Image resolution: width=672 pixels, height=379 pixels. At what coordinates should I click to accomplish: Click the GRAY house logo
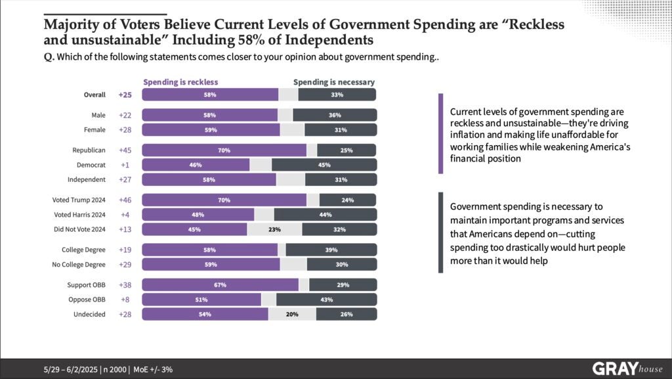(x=627, y=368)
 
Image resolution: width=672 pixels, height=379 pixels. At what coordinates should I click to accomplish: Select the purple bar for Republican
(x=224, y=150)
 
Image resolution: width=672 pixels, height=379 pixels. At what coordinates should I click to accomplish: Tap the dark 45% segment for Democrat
(x=324, y=165)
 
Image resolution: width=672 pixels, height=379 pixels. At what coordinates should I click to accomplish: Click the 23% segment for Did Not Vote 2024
(x=274, y=229)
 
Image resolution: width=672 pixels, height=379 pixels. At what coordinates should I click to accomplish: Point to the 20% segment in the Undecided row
(x=292, y=314)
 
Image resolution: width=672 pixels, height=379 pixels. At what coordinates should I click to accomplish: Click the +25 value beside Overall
(x=125, y=95)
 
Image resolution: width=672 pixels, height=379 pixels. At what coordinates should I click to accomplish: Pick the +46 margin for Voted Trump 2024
(x=125, y=200)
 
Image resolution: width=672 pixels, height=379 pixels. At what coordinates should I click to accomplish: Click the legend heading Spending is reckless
(x=180, y=82)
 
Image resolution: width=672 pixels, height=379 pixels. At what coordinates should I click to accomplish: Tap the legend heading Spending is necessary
(x=334, y=82)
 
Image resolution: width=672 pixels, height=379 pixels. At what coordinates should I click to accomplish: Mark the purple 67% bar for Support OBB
(x=220, y=285)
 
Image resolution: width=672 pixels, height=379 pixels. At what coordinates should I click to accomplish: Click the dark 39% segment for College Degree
(x=331, y=250)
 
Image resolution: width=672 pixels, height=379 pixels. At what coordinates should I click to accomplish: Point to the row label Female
(x=94, y=129)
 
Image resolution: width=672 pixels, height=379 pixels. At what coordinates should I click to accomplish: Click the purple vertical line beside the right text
(x=440, y=133)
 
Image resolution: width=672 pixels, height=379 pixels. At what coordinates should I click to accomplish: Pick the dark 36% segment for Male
(x=334, y=115)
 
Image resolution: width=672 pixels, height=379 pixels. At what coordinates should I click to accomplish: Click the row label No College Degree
(x=78, y=264)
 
